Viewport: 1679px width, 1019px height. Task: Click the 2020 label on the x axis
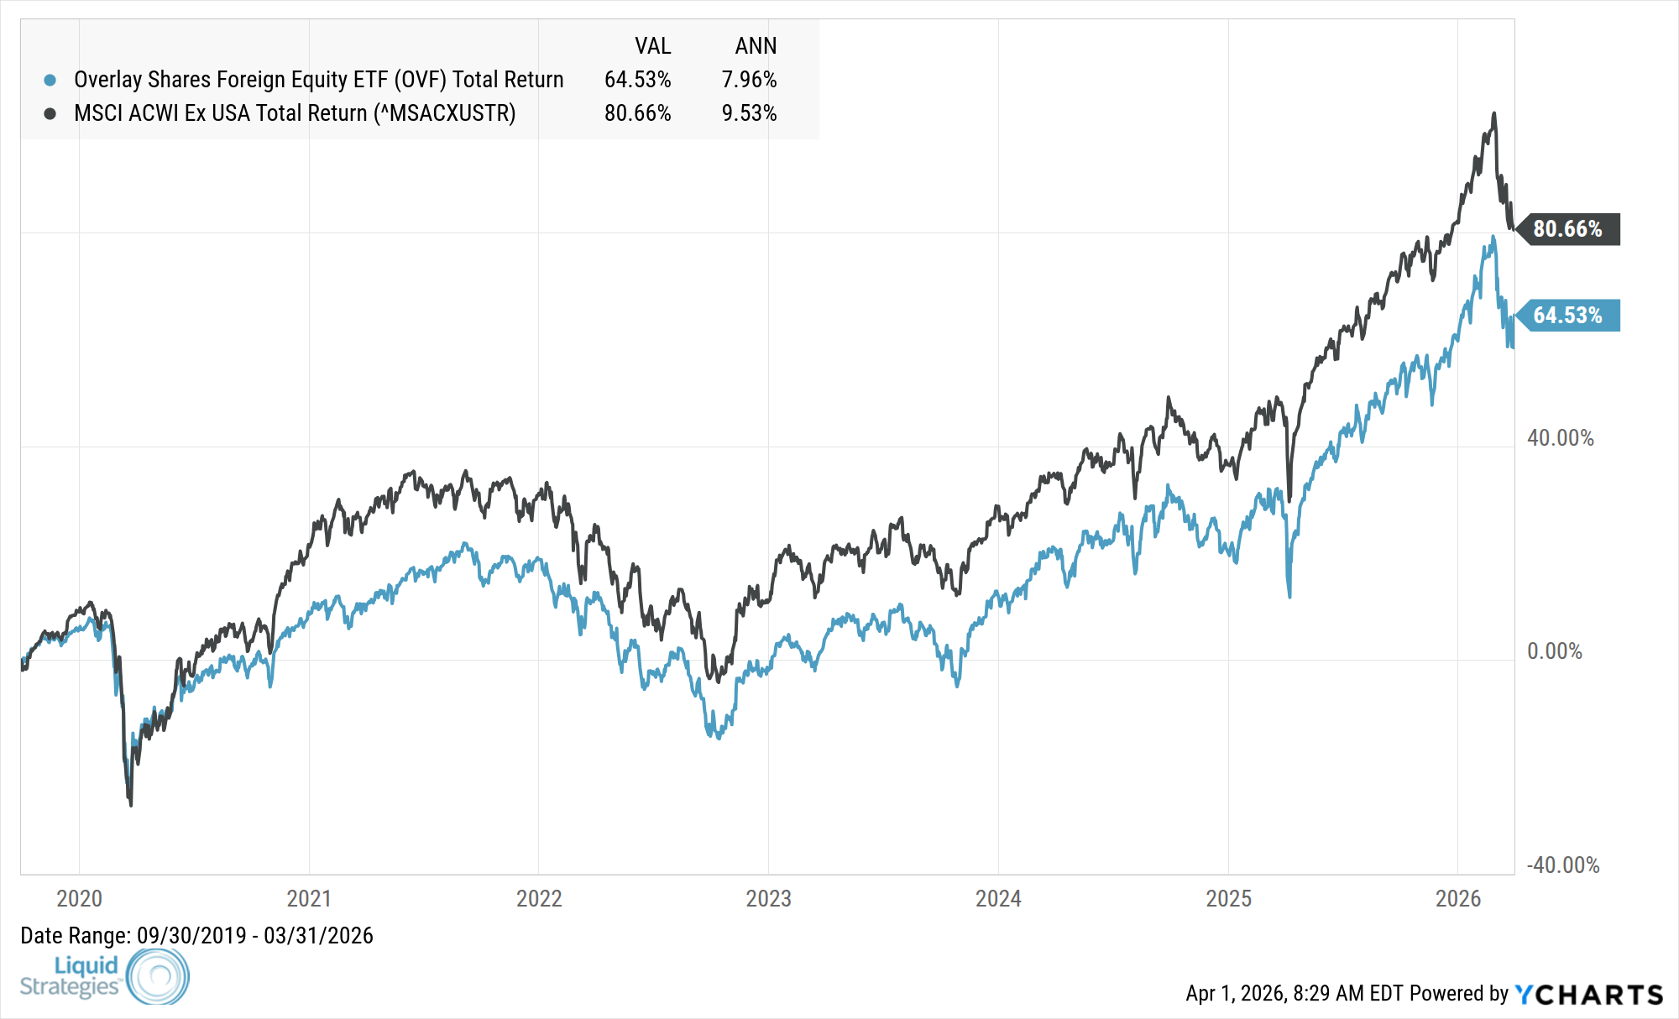click(x=79, y=898)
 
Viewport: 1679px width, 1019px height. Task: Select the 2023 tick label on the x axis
click(x=768, y=898)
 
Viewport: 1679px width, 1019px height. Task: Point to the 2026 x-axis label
click(x=1458, y=898)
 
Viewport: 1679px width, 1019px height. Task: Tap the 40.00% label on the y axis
click(x=1560, y=438)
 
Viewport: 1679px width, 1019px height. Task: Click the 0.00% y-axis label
click(x=1554, y=651)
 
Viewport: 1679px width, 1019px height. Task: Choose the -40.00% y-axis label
click(x=1562, y=865)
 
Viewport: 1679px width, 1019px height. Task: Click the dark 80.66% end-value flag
click(x=1568, y=229)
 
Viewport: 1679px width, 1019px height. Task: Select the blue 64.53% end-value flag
click(x=1568, y=316)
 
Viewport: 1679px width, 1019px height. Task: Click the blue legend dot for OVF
click(x=50, y=81)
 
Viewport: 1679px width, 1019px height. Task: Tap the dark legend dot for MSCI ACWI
click(x=50, y=113)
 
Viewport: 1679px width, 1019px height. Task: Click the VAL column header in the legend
click(x=652, y=46)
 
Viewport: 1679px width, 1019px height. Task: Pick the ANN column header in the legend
click(x=756, y=46)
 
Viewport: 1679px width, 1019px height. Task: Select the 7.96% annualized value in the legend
click(x=749, y=80)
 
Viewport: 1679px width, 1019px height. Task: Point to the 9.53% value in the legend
click(x=749, y=113)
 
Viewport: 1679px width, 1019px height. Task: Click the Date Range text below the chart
click(x=196, y=935)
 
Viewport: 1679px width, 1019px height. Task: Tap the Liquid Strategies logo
click(x=105, y=976)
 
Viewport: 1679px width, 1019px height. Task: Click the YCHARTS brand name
click(x=1589, y=995)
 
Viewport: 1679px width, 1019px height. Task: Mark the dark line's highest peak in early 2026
click(x=1493, y=113)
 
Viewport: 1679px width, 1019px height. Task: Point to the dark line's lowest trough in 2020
click(x=131, y=805)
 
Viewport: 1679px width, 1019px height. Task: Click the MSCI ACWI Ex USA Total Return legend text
click(x=295, y=113)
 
